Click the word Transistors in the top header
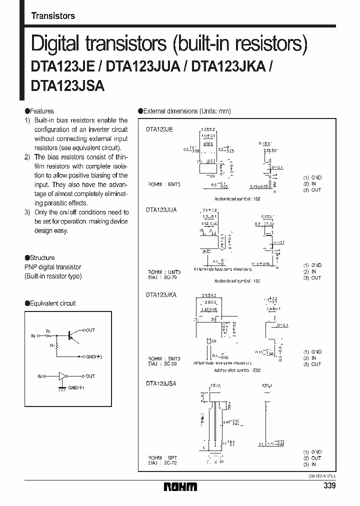point(53,15)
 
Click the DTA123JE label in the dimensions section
point(159,129)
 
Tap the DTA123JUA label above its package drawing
point(161,210)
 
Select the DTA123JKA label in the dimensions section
point(161,295)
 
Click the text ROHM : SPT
point(162,457)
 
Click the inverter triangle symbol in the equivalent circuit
point(61,375)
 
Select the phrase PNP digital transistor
point(52,267)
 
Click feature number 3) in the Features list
point(27,212)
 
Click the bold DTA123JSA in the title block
point(67,85)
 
